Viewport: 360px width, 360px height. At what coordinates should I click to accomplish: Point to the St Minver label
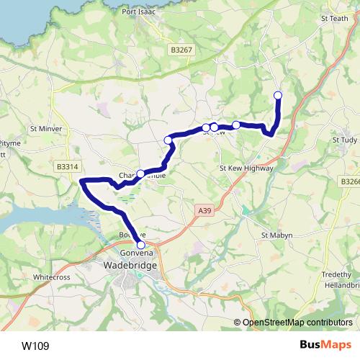[46, 129]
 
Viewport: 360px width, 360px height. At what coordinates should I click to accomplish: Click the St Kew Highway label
[246, 168]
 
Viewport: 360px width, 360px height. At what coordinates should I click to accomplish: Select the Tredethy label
[336, 274]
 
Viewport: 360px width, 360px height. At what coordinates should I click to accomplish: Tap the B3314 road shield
[67, 166]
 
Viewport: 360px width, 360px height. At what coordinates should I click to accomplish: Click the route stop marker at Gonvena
[140, 246]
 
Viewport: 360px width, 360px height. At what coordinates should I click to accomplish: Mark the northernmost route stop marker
[278, 95]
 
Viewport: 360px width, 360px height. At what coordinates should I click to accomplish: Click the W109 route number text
[35, 346]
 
